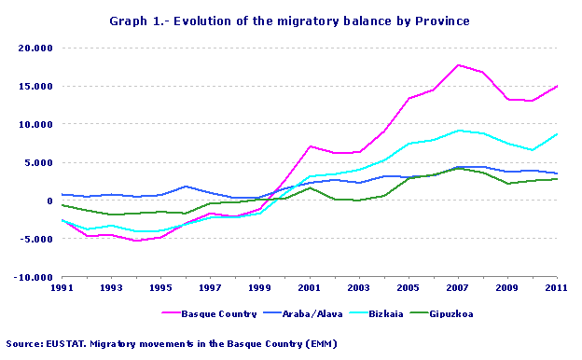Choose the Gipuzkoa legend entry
(x=453, y=313)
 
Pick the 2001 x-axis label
(x=310, y=288)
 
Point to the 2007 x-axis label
(x=458, y=288)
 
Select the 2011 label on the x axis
(x=557, y=288)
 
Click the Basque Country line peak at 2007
(x=458, y=65)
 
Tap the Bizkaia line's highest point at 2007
(x=458, y=131)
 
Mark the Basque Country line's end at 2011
(x=557, y=86)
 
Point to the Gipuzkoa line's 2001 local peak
(x=310, y=187)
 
